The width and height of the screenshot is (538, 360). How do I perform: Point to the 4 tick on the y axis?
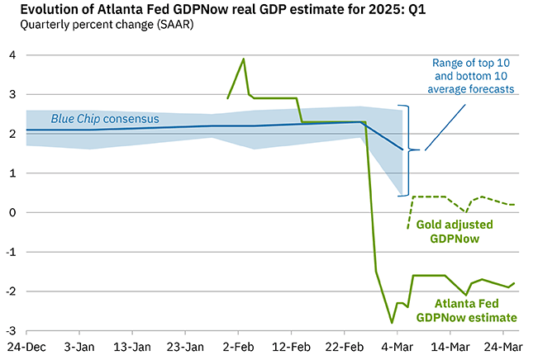(12, 55)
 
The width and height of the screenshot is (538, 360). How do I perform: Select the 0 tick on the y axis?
(12, 212)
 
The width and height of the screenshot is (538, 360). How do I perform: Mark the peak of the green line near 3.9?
(243, 59)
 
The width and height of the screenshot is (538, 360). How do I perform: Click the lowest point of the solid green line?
(392, 323)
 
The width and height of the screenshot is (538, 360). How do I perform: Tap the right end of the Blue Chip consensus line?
(402, 149)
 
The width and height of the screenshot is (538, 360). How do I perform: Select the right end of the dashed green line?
(516, 204)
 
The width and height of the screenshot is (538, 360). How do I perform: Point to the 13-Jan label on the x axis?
(132, 346)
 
